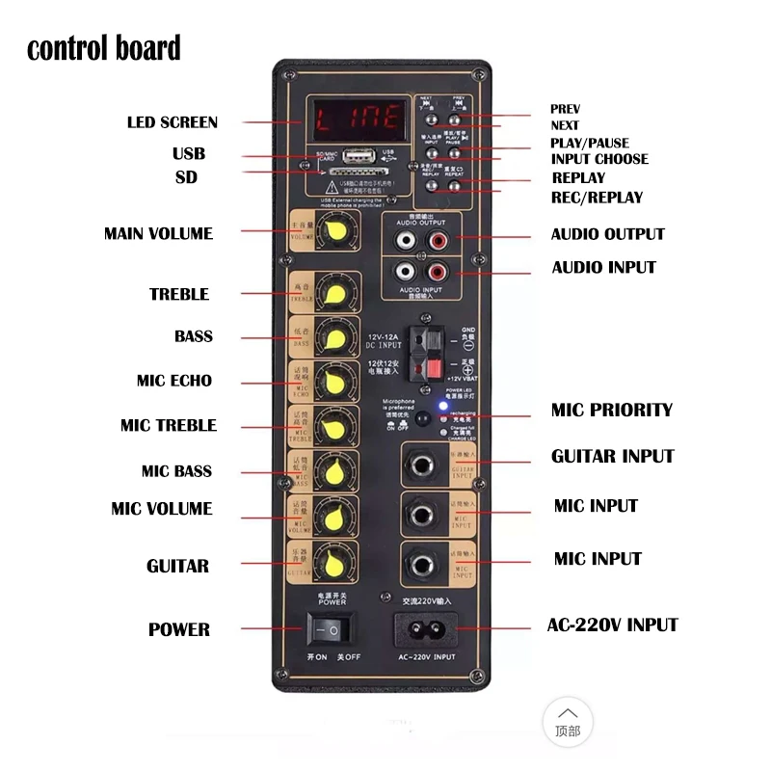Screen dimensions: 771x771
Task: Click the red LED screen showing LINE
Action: (x=358, y=120)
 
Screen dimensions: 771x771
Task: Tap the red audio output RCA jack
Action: (x=439, y=236)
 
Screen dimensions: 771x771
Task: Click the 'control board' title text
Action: (x=103, y=48)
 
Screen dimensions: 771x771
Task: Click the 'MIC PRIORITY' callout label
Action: (x=611, y=410)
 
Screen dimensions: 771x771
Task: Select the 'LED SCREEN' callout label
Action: (x=173, y=122)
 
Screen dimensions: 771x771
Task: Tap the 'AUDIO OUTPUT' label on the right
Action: (x=607, y=234)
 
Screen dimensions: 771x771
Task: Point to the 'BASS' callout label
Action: (x=194, y=336)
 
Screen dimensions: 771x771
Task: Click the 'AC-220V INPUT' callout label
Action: (x=612, y=625)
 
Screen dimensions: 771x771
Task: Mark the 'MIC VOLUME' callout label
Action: (x=162, y=509)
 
